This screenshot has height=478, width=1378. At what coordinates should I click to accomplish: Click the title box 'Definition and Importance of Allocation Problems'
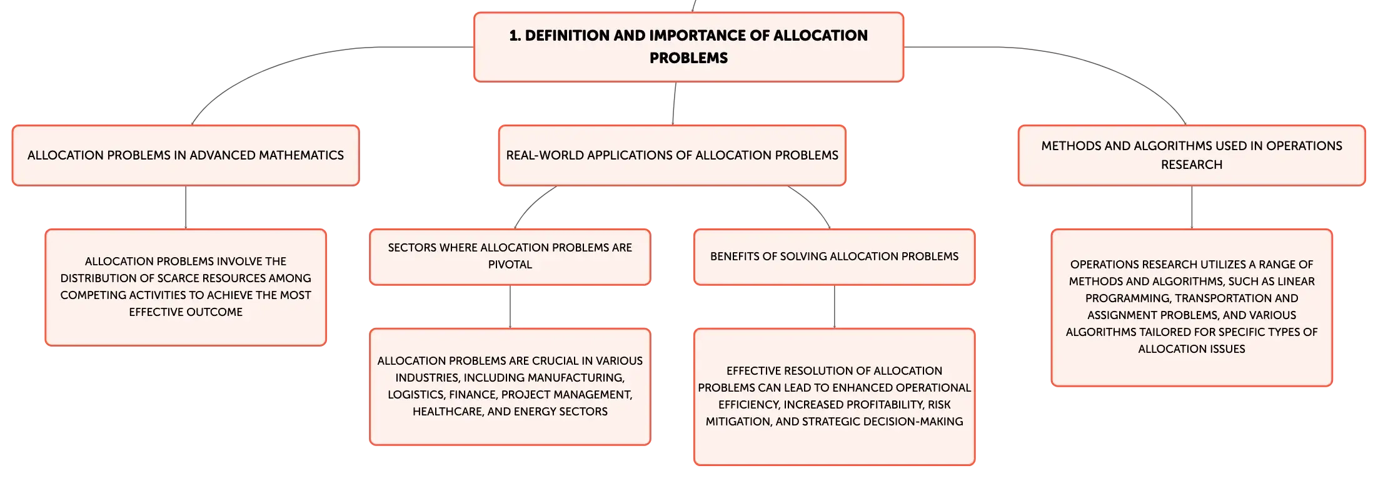[688, 47]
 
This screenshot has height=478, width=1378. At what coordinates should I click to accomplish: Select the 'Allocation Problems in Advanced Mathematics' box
[186, 155]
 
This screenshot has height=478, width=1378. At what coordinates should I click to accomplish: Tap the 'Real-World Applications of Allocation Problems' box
[672, 155]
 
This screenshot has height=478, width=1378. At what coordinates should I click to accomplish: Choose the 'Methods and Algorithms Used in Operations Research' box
[1192, 155]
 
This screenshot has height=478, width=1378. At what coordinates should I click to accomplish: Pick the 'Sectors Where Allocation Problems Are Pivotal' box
[510, 257]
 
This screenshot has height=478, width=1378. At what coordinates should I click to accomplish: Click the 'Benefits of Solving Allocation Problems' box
[835, 257]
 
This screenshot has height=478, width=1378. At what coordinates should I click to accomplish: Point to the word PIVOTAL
[510, 265]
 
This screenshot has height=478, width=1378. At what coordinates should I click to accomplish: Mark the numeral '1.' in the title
[515, 36]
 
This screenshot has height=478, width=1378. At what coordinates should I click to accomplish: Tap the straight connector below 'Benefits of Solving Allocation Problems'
[835, 307]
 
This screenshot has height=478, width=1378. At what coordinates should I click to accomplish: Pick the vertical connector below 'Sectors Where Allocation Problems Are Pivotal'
[510, 307]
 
